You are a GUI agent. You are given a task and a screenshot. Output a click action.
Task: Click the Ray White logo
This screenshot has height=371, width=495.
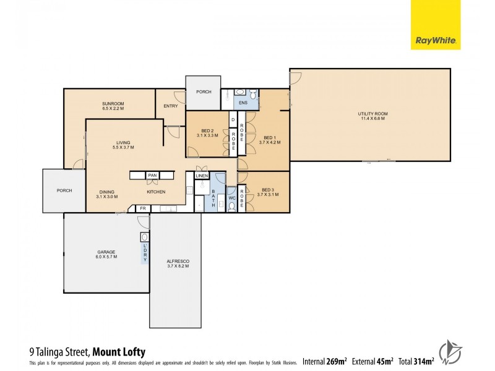click(436, 25)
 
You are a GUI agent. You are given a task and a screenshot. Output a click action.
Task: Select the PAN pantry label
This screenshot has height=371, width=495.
click(152, 176)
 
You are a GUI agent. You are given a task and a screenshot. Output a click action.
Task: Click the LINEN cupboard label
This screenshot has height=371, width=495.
click(202, 176)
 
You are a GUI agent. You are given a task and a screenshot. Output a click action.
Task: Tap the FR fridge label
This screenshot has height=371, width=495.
click(142, 208)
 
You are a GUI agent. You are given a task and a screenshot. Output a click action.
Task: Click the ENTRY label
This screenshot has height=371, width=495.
click(171, 106)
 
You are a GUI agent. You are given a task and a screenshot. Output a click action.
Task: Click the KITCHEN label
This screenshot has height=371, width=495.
click(156, 192)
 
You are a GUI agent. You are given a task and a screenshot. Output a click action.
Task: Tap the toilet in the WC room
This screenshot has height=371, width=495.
click(231, 205)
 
